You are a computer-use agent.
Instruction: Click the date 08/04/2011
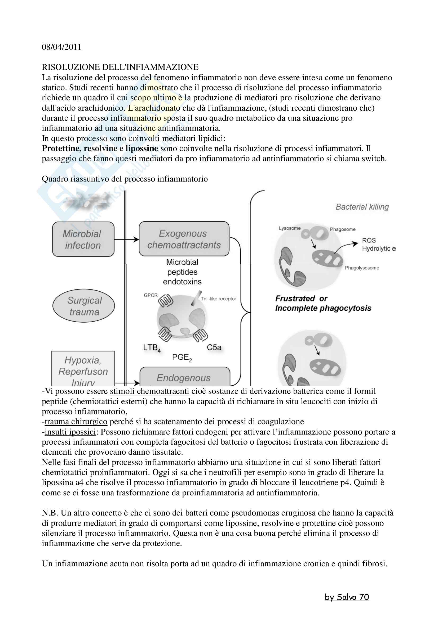[61, 47]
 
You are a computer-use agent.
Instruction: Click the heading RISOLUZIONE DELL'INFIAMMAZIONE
[120, 67]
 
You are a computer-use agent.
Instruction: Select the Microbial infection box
[83, 239]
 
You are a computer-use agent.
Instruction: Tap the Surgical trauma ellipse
[84, 306]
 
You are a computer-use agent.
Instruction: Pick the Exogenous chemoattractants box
[184, 239]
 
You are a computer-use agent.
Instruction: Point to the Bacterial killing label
[362, 207]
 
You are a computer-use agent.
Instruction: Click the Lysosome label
[290, 228]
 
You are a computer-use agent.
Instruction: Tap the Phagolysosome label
[362, 268]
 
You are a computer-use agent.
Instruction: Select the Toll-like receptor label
[218, 299]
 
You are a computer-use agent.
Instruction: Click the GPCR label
[151, 295]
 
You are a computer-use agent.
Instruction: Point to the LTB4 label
[152, 348]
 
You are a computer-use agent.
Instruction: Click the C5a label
[214, 347]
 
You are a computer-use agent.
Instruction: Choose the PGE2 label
[182, 358]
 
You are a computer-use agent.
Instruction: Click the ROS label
[369, 240]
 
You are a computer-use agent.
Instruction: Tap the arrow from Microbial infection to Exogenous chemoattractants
[126, 239]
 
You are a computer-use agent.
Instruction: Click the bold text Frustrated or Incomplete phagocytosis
[323, 303]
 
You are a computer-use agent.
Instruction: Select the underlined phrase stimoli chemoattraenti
[149, 391]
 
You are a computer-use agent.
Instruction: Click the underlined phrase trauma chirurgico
[76, 422]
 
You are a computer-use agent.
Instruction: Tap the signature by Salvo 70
[347, 597]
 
